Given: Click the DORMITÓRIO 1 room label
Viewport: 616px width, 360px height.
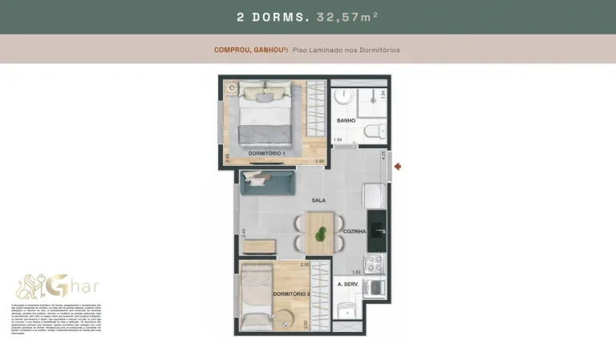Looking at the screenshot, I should [x=266, y=152].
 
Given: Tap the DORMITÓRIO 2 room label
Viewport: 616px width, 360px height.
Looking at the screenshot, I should [x=290, y=294].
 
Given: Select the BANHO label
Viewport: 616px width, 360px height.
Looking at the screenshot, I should [x=346, y=121].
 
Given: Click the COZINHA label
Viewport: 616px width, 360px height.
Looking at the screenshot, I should [x=354, y=231].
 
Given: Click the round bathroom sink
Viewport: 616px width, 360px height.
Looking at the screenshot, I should [x=342, y=96].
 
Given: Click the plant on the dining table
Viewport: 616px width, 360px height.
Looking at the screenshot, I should [x=321, y=234].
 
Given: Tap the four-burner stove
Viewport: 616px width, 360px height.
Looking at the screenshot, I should [x=374, y=263].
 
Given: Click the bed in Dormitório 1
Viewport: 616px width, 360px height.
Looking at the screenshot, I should [x=261, y=116].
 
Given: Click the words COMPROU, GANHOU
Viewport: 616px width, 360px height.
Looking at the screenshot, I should [x=241, y=50].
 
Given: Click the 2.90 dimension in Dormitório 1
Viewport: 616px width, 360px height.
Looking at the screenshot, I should [x=319, y=162].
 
